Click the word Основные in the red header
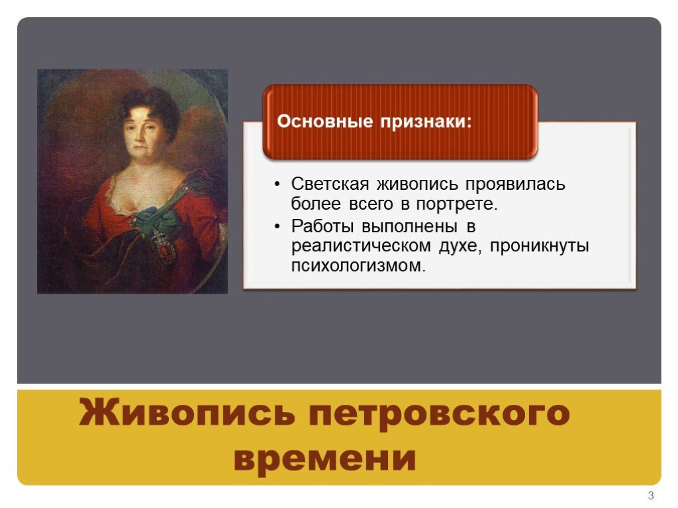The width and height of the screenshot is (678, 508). (x=324, y=121)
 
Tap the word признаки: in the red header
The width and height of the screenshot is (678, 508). (x=426, y=122)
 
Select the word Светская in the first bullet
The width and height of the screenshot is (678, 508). (x=330, y=184)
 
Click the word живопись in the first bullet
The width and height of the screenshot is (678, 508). (x=417, y=184)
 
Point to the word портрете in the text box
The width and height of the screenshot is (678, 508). (x=457, y=204)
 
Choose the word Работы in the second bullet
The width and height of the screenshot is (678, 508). (x=322, y=226)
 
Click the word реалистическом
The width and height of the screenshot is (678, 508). (x=361, y=246)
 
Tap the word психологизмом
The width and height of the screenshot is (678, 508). (x=358, y=266)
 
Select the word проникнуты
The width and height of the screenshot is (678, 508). (x=540, y=246)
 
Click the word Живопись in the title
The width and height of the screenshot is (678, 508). (x=187, y=412)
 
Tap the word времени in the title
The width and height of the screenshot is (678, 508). (x=325, y=458)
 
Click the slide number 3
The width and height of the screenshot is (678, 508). (x=651, y=495)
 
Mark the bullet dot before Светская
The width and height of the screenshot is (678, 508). (x=277, y=185)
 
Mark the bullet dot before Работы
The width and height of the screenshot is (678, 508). (x=277, y=227)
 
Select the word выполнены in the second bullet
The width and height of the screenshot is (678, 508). (x=409, y=226)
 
